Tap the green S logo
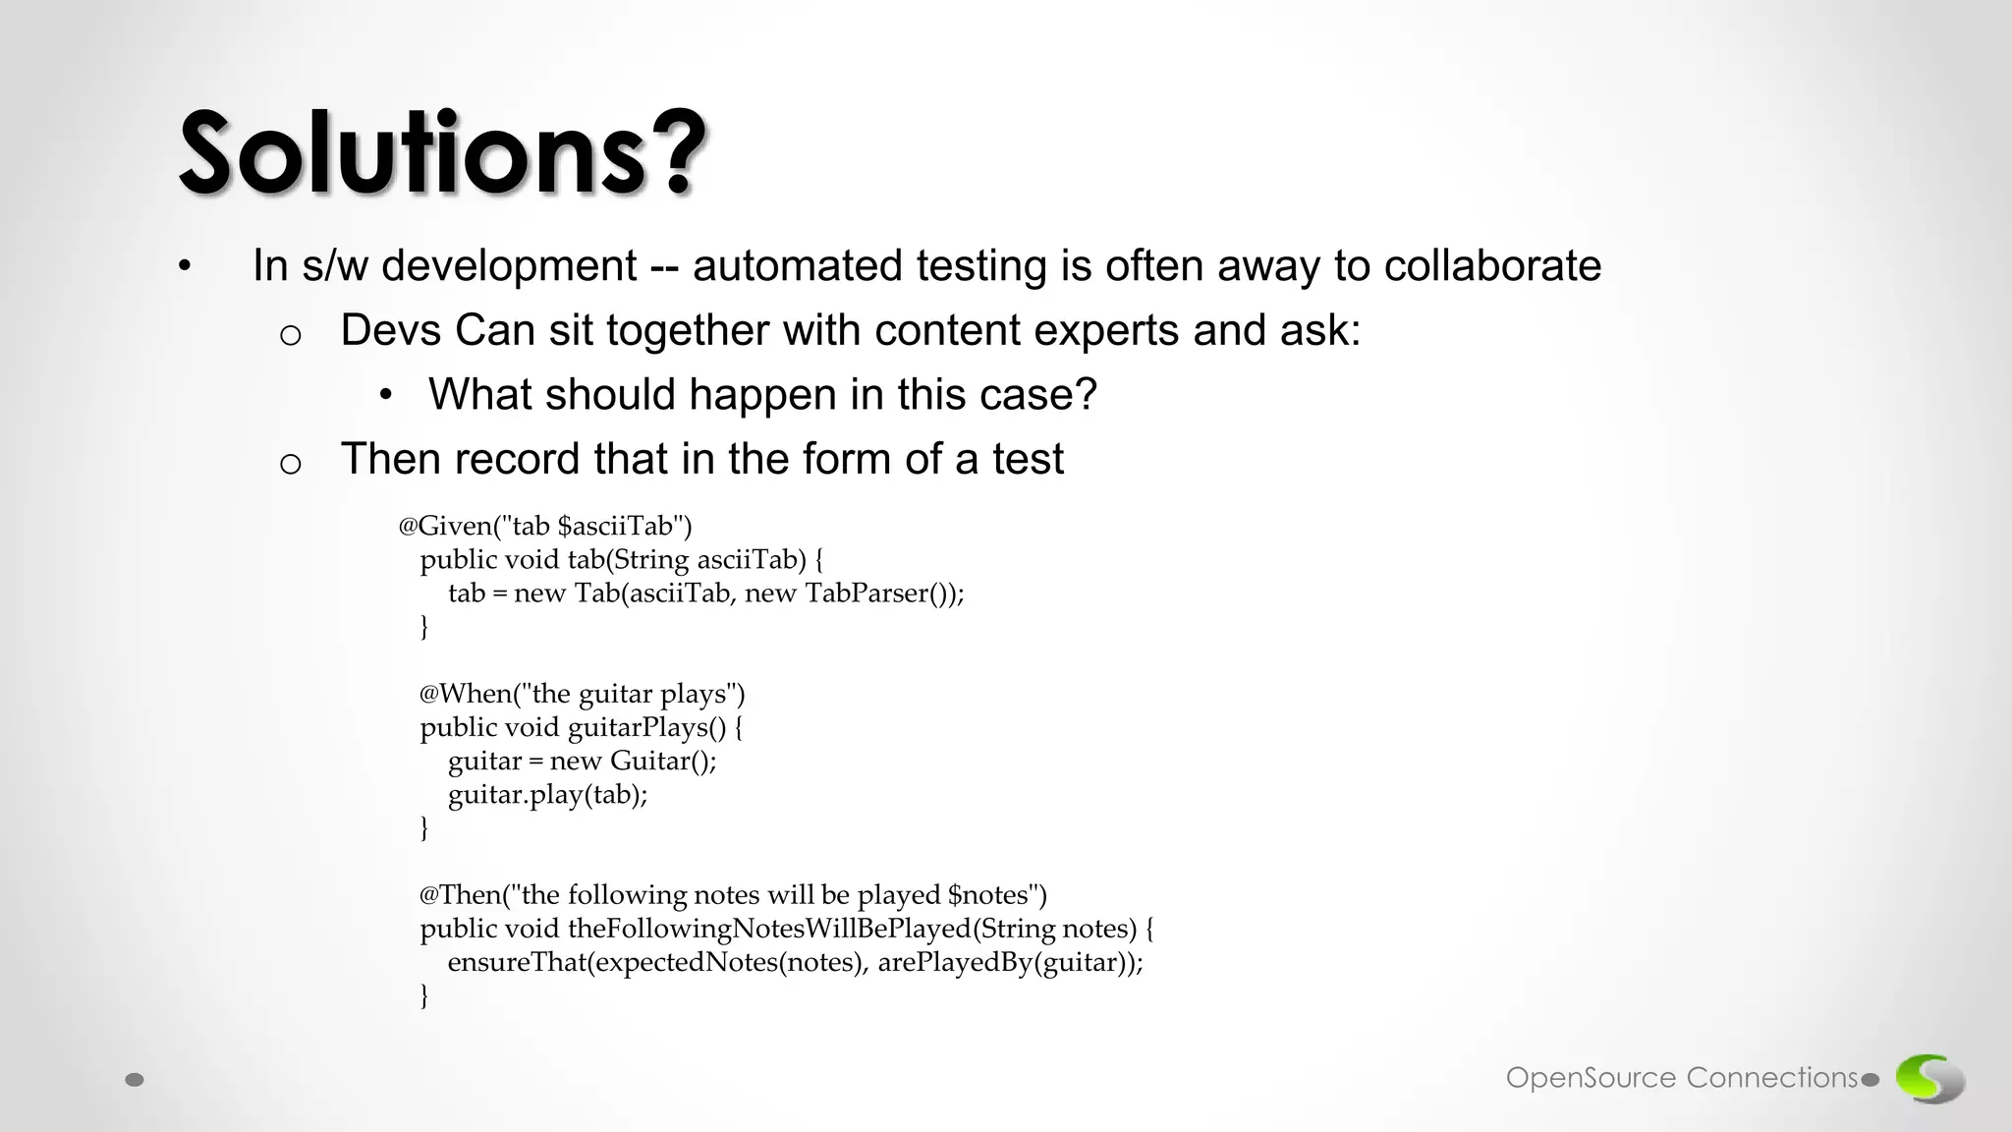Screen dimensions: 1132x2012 (x=1929, y=1078)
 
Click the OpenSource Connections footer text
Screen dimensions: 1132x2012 (x=1682, y=1078)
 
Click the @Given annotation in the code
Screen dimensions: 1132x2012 (x=444, y=527)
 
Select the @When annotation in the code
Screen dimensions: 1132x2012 (x=466, y=694)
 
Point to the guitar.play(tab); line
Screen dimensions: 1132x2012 (x=547, y=794)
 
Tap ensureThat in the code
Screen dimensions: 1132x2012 (x=517, y=962)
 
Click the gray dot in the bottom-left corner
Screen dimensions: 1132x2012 (x=136, y=1080)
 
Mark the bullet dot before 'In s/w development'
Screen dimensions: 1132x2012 (x=185, y=267)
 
